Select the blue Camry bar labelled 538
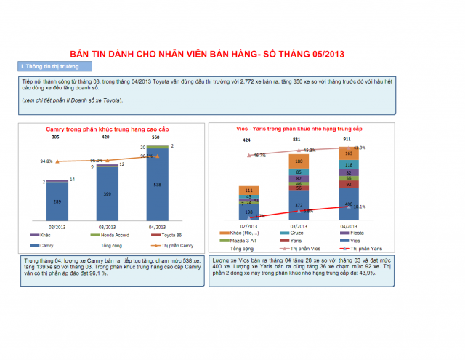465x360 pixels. pyautogui.click(x=157, y=185)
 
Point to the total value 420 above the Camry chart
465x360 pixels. pyautogui.click(x=105, y=137)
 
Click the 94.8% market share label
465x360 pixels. pyautogui.click(x=46, y=161)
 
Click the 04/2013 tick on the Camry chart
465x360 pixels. pyautogui.click(x=157, y=226)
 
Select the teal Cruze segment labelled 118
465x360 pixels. pyautogui.click(x=349, y=165)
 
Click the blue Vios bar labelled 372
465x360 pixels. pyautogui.click(x=299, y=205)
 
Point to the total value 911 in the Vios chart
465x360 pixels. pyautogui.click(x=348, y=139)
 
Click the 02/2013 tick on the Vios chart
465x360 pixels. pyautogui.click(x=249, y=226)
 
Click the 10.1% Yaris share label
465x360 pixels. pyautogui.click(x=359, y=207)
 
